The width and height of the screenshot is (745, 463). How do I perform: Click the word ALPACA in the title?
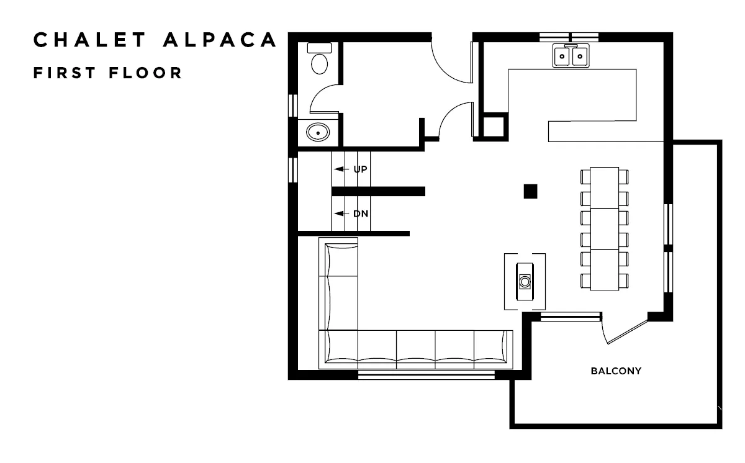pos(220,40)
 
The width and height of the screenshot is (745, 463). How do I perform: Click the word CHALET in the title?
pos(90,40)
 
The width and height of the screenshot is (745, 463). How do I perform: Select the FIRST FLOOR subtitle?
pos(108,73)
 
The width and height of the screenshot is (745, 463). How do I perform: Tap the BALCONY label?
pos(616,371)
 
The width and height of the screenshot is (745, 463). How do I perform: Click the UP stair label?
pos(360,169)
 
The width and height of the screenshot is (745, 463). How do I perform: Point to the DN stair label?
pos(361,214)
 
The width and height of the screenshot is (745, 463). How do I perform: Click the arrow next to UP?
pos(341,169)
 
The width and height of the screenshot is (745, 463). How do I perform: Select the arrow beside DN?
pos(341,214)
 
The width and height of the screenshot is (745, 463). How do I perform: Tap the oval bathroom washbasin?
pos(318,132)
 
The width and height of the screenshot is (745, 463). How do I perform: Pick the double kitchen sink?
pos(571,56)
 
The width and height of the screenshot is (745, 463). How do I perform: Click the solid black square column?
pos(530,191)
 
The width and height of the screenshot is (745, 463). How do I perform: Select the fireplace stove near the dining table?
pos(525,282)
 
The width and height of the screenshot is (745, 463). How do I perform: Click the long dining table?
pos(605,229)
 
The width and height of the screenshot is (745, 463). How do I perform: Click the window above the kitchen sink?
pos(569,37)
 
